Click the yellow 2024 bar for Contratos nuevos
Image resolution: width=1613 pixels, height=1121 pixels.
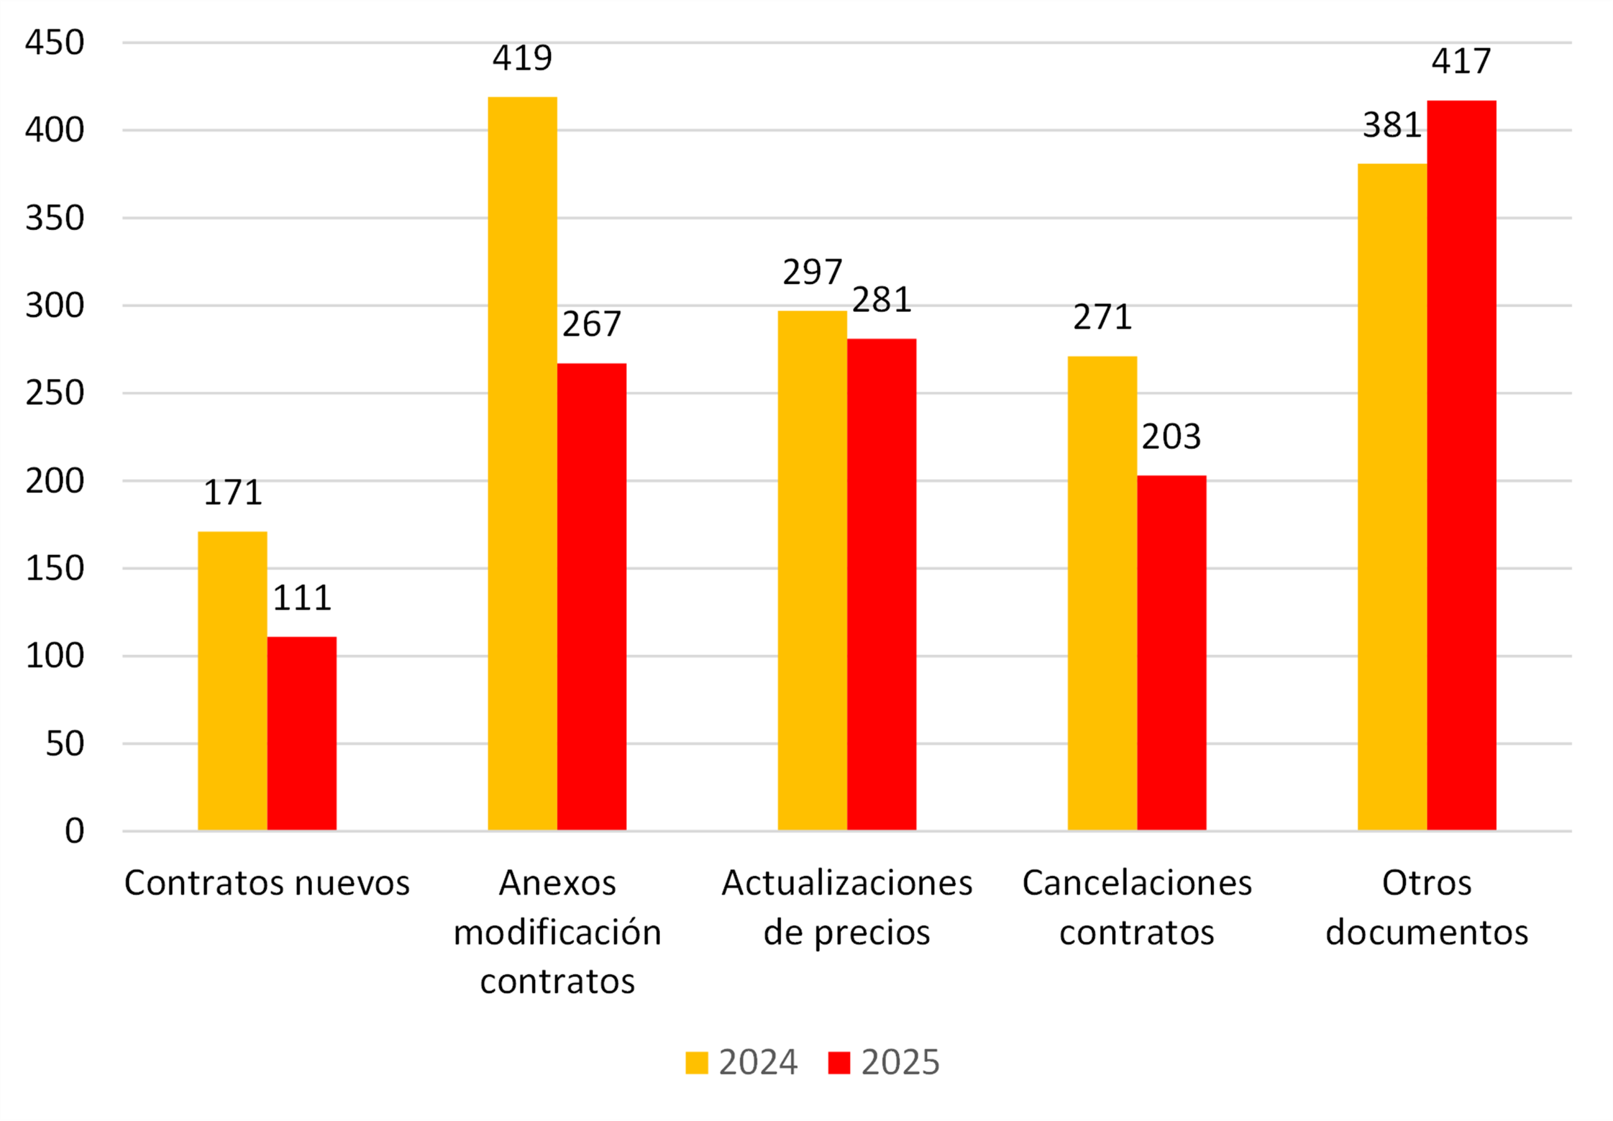click(x=232, y=681)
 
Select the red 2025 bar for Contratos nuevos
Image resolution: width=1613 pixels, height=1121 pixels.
click(x=302, y=733)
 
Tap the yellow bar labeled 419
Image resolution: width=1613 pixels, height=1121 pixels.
click(x=523, y=464)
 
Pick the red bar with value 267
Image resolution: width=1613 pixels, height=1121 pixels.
click(x=592, y=597)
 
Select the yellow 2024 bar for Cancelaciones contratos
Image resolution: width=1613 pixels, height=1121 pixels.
click(x=1102, y=593)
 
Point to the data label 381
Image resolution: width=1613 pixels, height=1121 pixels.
click(x=1392, y=126)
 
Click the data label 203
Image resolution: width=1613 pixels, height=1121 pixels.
click(x=1171, y=437)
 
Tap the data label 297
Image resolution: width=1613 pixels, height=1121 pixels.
click(x=812, y=273)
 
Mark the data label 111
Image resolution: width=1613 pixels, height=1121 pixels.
click(x=302, y=598)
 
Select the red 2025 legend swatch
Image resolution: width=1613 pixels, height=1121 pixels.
click(x=839, y=1062)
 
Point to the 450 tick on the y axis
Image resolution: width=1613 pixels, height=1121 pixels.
click(x=55, y=43)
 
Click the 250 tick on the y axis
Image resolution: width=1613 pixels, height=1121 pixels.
click(x=55, y=394)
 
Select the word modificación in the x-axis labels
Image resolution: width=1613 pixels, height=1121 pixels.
click(x=557, y=933)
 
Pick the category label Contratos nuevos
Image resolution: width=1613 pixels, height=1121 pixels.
click(x=267, y=883)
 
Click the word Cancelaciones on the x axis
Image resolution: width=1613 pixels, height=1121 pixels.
click(x=1137, y=883)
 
